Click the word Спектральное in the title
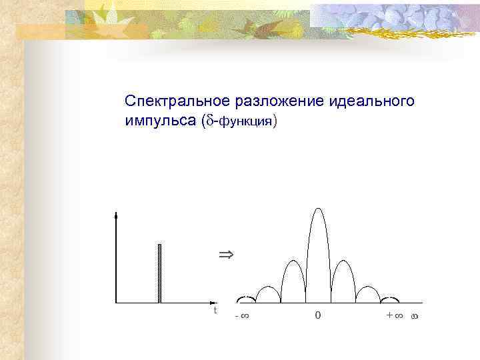pos(178,101)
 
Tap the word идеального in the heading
pos(372,101)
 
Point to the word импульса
pos(158,121)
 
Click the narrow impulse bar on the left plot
pos(160,273)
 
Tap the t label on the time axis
pos(215,311)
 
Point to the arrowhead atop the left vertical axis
pos(117,215)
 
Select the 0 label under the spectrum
pos(317,315)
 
